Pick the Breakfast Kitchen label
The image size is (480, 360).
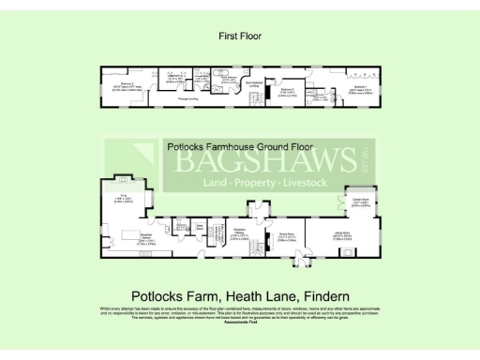click(146, 237)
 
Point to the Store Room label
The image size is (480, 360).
click(201, 227)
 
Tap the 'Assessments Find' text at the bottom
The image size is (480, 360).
click(240, 322)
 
